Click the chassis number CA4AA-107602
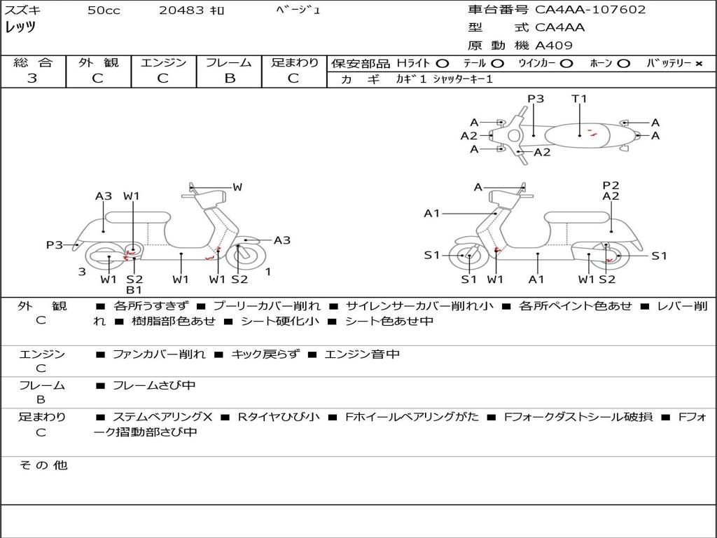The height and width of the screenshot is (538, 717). click(x=590, y=10)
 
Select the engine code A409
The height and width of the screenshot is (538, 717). click(x=554, y=46)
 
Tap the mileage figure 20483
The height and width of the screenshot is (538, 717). click(x=181, y=10)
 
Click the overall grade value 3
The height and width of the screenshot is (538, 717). click(x=32, y=78)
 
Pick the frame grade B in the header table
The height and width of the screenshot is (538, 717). click(x=230, y=78)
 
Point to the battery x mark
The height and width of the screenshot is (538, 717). click(x=699, y=64)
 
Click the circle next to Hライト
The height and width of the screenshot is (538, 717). click(x=443, y=64)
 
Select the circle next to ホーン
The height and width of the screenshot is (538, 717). click(x=624, y=64)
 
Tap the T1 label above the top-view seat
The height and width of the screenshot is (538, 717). click(x=579, y=98)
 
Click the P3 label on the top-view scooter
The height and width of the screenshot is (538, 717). click(x=536, y=98)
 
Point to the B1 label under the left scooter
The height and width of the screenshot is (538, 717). click(x=134, y=289)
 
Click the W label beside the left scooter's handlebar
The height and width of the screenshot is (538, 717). click(x=237, y=186)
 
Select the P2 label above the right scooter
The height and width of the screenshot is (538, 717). click(x=611, y=185)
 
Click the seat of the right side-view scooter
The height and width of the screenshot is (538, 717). click(x=578, y=218)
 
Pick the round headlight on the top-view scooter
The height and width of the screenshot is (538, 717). click(x=514, y=136)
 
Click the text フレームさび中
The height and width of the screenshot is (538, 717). click(x=154, y=386)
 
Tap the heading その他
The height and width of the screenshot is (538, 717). click(x=43, y=465)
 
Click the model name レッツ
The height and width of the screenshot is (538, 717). click(x=20, y=27)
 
